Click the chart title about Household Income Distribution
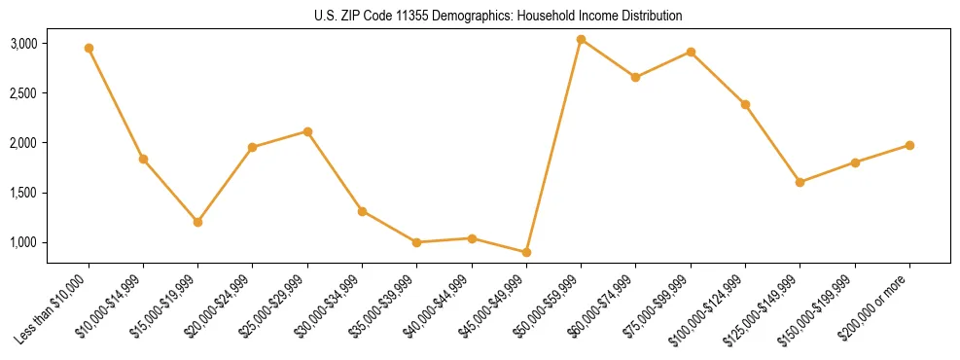(499, 16)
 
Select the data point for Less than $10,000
(89, 48)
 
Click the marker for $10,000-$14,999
(143, 159)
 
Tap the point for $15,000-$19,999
(197, 222)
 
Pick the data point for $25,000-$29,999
(307, 131)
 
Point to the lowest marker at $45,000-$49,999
(526, 252)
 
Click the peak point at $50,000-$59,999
(581, 39)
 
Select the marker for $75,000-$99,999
(691, 52)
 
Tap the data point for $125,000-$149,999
(800, 182)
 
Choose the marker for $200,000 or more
(909, 145)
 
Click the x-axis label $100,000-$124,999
(707, 311)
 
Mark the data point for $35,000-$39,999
(416, 242)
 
